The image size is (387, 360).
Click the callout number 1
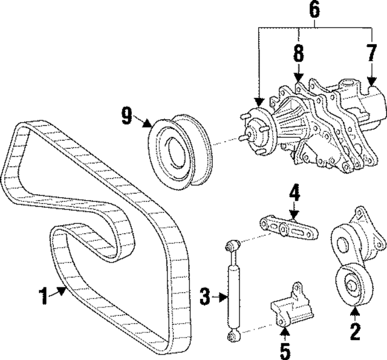[x=43, y=297]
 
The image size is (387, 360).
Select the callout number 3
[x=206, y=296]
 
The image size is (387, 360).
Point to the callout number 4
[x=293, y=195]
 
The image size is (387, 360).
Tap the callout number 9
[x=126, y=116]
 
